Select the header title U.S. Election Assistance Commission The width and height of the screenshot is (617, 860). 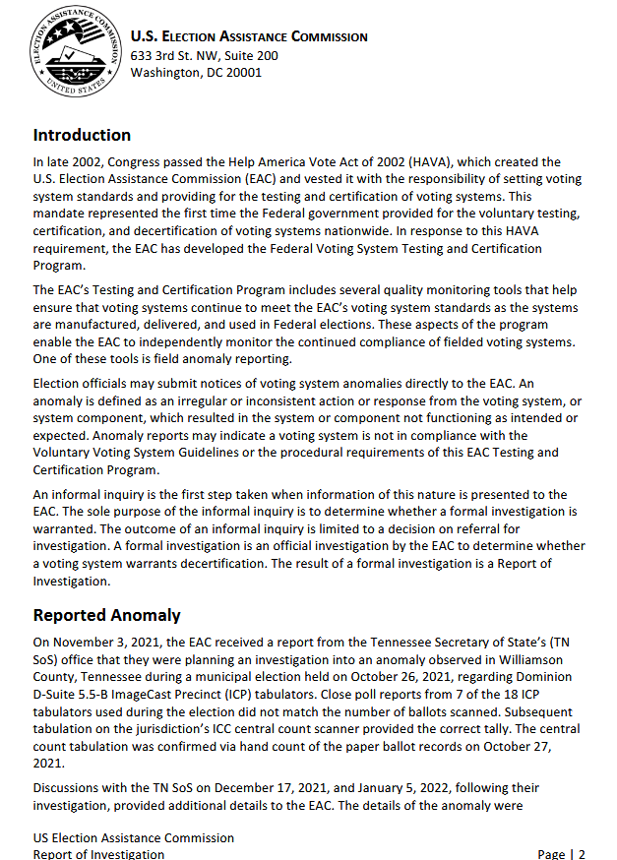[249, 36]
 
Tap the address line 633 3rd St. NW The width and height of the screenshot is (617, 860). [204, 55]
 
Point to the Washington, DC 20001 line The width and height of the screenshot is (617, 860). [196, 73]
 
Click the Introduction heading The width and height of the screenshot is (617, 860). [82, 135]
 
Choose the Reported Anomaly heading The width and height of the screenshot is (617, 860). [106, 615]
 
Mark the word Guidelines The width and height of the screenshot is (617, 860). [208, 453]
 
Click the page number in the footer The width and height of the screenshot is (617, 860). [581, 854]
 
